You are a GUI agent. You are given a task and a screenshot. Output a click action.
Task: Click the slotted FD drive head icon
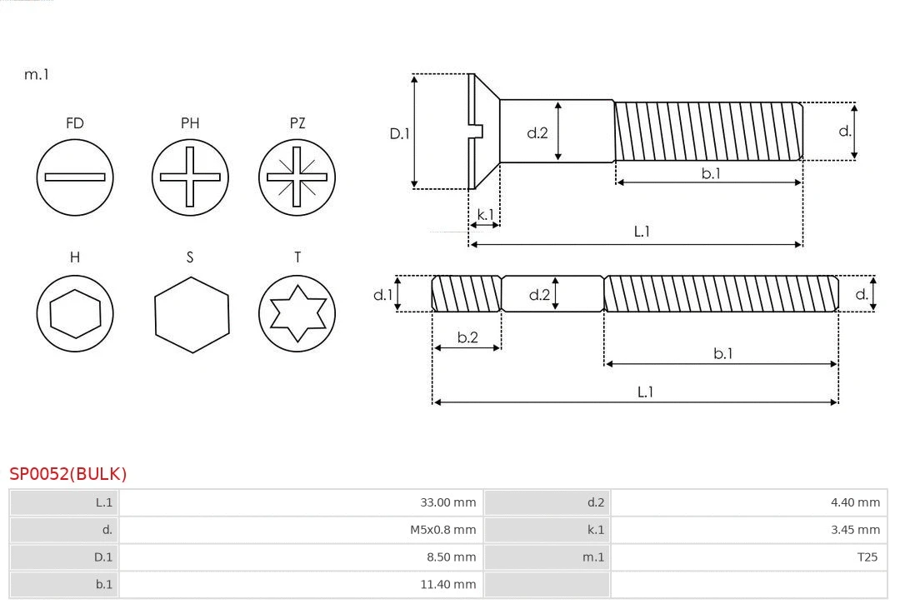tap(75, 177)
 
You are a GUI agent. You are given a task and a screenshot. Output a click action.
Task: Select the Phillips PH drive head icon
tap(190, 177)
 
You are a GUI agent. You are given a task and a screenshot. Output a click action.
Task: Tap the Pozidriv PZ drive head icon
tap(297, 177)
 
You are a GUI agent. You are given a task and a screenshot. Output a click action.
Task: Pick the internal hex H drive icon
tap(75, 313)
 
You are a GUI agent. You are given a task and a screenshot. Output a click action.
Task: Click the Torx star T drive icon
tap(297, 313)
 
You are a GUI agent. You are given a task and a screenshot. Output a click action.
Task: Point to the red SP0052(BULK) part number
tap(68, 474)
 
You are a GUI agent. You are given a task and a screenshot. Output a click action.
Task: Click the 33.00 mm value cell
tap(447, 502)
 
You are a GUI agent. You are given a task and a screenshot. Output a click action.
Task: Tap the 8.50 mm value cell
tap(451, 557)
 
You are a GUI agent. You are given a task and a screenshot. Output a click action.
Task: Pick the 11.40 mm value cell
tap(447, 584)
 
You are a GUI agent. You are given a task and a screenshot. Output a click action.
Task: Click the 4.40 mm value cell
tap(855, 502)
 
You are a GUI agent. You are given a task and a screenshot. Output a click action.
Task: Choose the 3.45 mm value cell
tap(855, 529)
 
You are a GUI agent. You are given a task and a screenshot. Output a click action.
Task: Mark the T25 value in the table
tap(867, 557)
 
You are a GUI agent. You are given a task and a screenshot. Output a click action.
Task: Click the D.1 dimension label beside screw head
tap(400, 132)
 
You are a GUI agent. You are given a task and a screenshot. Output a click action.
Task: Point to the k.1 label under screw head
tap(485, 214)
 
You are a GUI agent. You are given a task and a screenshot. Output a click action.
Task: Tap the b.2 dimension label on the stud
tap(467, 337)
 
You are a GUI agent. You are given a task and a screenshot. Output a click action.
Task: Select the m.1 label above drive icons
tap(37, 74)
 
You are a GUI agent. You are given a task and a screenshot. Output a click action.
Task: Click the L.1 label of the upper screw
tap(642, 232)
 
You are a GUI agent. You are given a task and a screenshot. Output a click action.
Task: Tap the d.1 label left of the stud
tap(382, 294)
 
